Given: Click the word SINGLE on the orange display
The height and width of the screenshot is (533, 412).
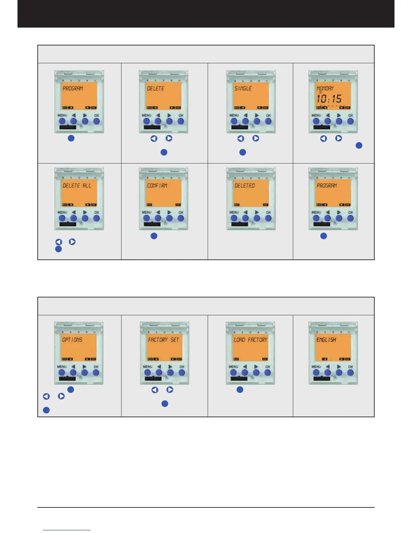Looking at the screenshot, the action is (243, 88).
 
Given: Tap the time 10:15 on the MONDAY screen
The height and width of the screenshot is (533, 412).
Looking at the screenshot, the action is (329, 99).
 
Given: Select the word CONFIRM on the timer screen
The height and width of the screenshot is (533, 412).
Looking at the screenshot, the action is (157, 185).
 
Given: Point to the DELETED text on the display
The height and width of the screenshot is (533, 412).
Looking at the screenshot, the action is (245, 185).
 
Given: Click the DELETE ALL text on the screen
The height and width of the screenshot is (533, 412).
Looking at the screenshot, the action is (77, 185).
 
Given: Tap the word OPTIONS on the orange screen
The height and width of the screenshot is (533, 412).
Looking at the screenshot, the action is (72, 340).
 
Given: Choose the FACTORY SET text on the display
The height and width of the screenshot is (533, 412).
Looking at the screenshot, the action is (164, 340).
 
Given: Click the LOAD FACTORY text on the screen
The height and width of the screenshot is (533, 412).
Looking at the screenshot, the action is (251, 340).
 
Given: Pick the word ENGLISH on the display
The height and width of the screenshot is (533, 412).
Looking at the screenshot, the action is (326, 340).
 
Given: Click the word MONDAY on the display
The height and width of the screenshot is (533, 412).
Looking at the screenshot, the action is (325, 88).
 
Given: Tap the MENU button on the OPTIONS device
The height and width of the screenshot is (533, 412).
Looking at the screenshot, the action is (62, 372).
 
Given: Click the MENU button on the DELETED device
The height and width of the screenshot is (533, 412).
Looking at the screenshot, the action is (234, 218).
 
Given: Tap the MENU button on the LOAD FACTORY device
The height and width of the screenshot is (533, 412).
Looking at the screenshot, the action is (233, 372).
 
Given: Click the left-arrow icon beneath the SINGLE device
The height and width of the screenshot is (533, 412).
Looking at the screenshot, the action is (241, 138).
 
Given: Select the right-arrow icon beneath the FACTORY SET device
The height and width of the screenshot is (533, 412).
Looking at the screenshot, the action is (170, 390).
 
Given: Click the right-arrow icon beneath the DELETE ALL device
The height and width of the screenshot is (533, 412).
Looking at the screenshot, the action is (72, 242).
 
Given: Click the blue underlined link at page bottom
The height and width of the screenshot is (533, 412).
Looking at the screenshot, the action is (67, 530).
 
